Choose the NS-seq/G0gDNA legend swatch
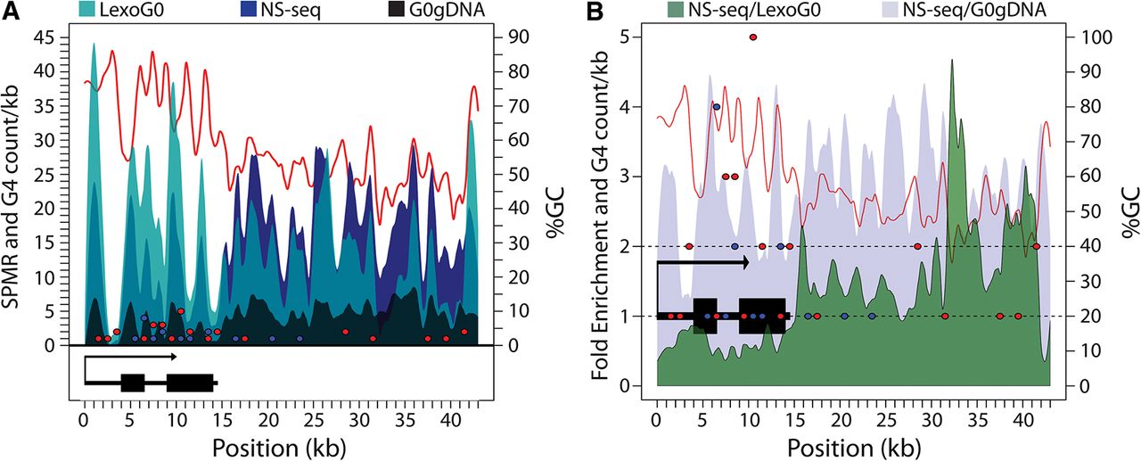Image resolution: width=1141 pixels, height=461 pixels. tap(903, 11)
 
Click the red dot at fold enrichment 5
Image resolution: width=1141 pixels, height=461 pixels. tap(753, 37)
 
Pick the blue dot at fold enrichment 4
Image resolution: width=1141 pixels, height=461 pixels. tap(716, 107)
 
